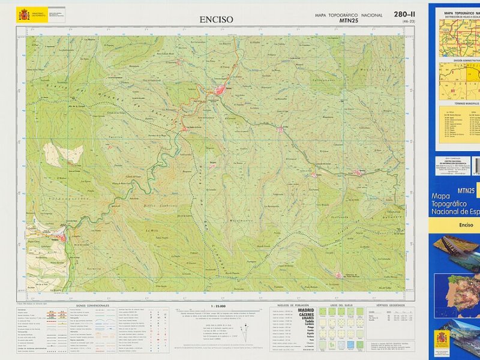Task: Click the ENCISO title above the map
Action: point(216,19)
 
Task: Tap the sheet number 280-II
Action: point(404,14)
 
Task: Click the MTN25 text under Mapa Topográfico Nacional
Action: point(349,22)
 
